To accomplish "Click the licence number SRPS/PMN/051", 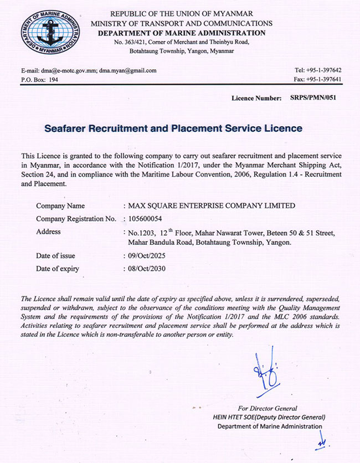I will pos(313,98).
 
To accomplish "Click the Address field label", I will pos(49,231).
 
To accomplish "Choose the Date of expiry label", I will pos(58,269).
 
